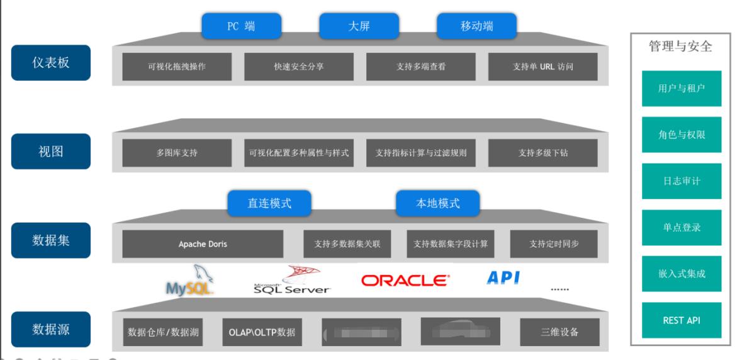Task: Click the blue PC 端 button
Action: (241, 26)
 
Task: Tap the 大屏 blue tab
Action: (359, 26)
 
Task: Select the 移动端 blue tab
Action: (476, 26)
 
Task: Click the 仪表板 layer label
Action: (51, 64)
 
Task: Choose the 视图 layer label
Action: (51, 151)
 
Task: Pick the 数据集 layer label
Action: (51, 240)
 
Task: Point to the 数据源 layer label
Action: (51, 329)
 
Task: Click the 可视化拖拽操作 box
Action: (177, 66)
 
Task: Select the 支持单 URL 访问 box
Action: (542, 66)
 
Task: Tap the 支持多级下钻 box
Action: (542, 153)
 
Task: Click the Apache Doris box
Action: (203, 244)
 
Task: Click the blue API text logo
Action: (503, 278)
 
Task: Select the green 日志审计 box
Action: (682, 181)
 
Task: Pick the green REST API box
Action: (682, 320)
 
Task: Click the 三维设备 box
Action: (559, 332)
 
